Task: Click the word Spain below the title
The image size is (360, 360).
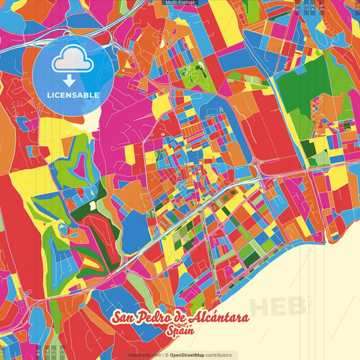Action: tap(180, 331)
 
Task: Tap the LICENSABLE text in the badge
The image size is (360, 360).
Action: tap(73, 95)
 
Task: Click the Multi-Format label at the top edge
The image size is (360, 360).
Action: tap(180, 3)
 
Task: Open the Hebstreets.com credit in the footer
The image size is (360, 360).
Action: tap(145, 355)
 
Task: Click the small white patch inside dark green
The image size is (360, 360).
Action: tap(92, 205)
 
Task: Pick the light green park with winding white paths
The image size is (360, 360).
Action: tap(192, 74)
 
